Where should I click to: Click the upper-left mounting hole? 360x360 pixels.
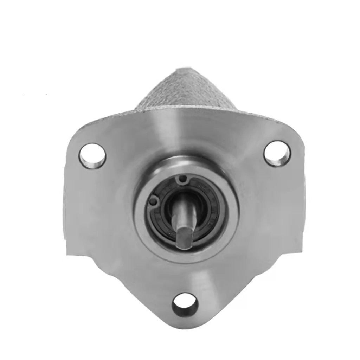[92, 155]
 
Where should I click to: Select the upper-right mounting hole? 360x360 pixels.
[277, 153]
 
